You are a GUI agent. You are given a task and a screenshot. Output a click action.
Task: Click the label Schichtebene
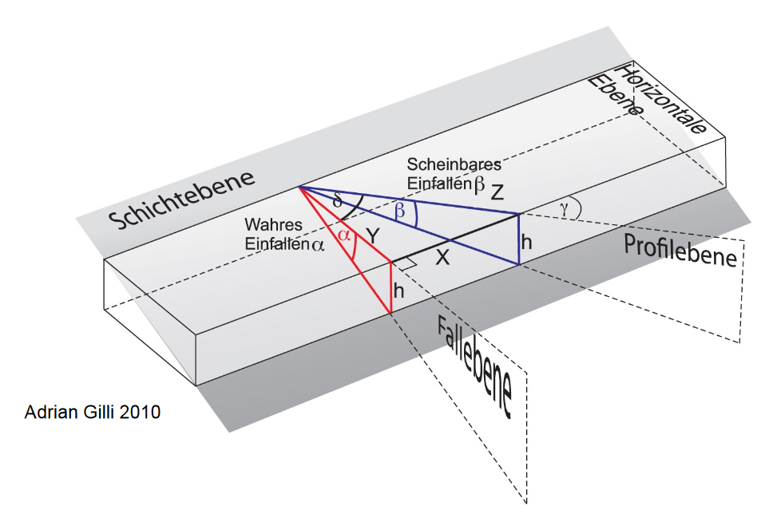click(x=183, y=199)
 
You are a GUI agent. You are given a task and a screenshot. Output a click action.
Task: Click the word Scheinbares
click(x=454, y=164)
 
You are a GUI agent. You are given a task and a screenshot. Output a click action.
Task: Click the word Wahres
click(x=268, y=227)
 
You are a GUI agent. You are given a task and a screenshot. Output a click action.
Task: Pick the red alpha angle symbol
click(x=344, y=235)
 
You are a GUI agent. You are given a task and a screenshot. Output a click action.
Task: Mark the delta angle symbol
click(x=338, y=202)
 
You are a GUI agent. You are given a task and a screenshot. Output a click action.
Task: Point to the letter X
click(x=443, y=259)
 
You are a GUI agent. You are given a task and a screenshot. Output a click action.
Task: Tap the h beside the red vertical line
click(x=398, y=292)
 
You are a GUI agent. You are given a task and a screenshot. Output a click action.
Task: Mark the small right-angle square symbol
click(x=407, y=262)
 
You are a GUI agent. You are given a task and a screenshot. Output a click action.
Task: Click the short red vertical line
click(x=390, y=287)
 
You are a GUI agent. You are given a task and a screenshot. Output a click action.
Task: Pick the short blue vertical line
click(x=519, y=239)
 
